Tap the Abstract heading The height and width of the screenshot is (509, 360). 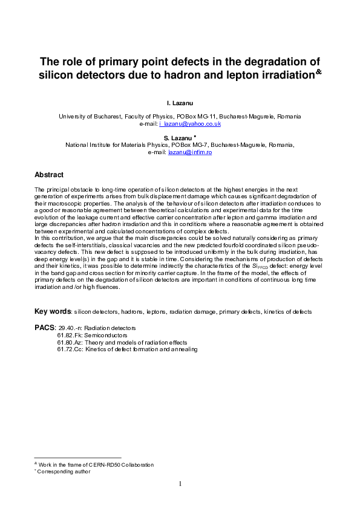tap(49, 175)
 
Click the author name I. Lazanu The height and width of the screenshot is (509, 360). tap(180, 105)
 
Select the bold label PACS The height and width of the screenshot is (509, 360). tap(44, 327)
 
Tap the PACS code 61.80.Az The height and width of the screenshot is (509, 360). tap(70, 342)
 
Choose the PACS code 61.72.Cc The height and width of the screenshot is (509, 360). tap(70, 349)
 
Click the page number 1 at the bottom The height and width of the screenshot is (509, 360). tap(180, 484)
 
